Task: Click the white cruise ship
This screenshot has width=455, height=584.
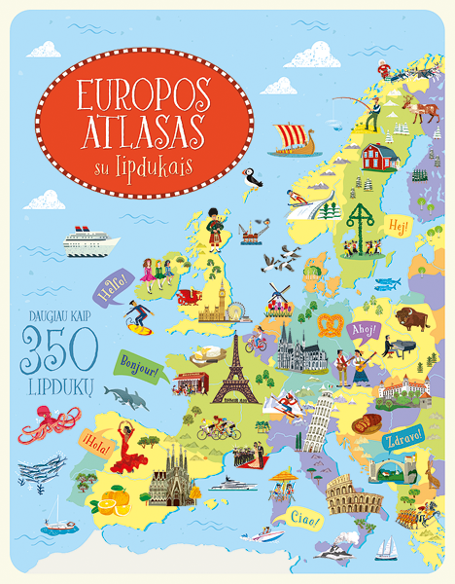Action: [x=90, y=240]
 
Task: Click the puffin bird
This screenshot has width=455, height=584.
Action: [x=253, y=179]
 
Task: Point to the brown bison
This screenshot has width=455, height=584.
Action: [x=413, y=317]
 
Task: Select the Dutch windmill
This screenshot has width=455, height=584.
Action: [x=280, y=296]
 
